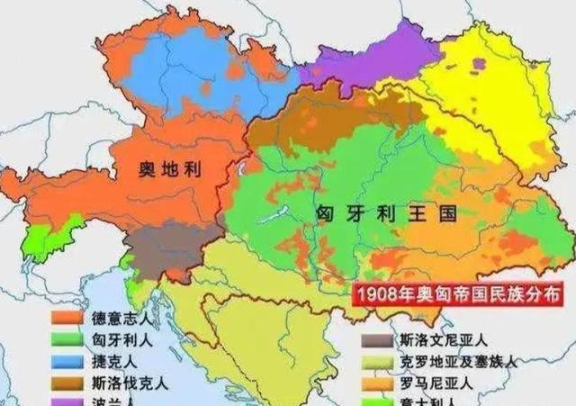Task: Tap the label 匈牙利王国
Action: [386, 214]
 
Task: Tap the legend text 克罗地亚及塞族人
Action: [458, 362]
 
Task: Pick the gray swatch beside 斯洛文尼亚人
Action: [377, 341]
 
